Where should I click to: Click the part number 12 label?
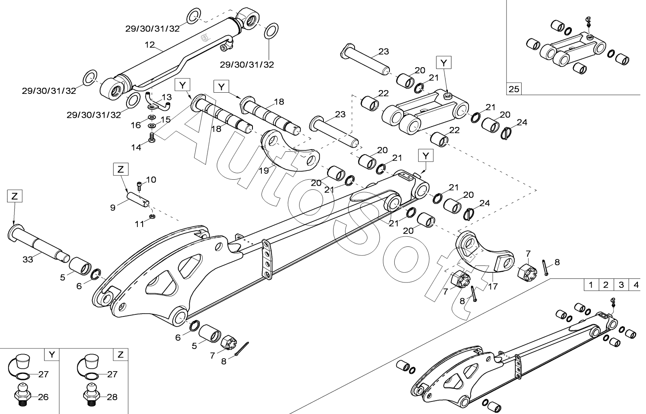(150, 45)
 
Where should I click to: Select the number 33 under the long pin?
(28, 259)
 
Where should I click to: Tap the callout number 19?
(263, 171)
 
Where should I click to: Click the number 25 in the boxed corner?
(513, 89)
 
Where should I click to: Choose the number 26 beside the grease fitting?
(43, 397)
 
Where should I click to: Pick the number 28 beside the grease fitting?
(112, 397)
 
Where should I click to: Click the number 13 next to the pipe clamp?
(167, 97)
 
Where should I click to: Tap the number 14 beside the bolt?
(136, 147)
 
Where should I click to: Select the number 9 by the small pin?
(113, 208)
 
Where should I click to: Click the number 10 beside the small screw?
(151, 180)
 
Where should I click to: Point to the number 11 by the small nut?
(140, 224)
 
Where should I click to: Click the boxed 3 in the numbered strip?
(621, 285)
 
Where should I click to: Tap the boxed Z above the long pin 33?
(15, 196)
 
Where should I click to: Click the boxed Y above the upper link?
(443, 63)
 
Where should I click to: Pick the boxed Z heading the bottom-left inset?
(120, 355)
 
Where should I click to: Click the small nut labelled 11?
(152, 216)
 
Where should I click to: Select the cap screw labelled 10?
(139, 186)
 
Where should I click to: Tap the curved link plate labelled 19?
(291, 151)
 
